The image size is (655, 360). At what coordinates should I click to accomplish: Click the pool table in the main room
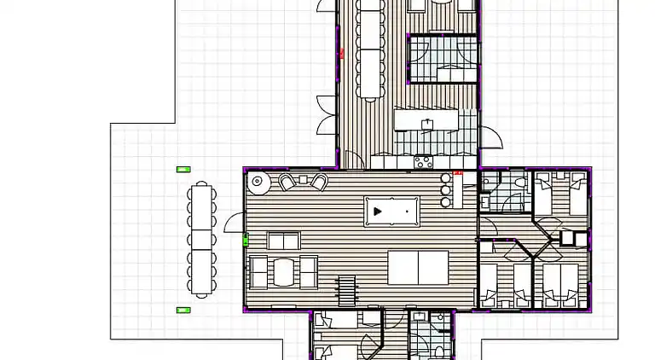click(x=391, y=210)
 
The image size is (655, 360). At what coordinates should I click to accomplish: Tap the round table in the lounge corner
click(x=258, y=181)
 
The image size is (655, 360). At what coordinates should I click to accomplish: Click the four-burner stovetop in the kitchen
click(x=423, y=160)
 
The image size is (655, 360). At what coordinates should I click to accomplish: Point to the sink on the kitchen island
click(x=426, y=125)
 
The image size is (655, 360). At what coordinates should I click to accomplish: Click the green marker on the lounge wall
click(x=246, y=241)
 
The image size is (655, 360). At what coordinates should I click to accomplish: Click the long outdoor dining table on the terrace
click(x=201, y=239)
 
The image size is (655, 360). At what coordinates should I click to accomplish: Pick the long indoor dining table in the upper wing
click(x=370, y=51)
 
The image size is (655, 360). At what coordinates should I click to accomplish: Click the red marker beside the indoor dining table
click(x=341, y=54)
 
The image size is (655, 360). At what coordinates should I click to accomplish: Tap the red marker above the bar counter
click(x=458, y=172)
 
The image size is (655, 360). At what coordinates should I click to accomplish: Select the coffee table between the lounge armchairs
click(x=284, y=272)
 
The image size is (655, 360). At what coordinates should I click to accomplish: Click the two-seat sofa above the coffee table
click(x=283, y=241)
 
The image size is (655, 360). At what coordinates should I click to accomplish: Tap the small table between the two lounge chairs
click(x=302, y=181)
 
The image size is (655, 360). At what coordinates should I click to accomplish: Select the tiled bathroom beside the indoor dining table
click(x=442, y=59)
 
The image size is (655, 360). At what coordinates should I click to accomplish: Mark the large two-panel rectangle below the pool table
click(x=418, y=267)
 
